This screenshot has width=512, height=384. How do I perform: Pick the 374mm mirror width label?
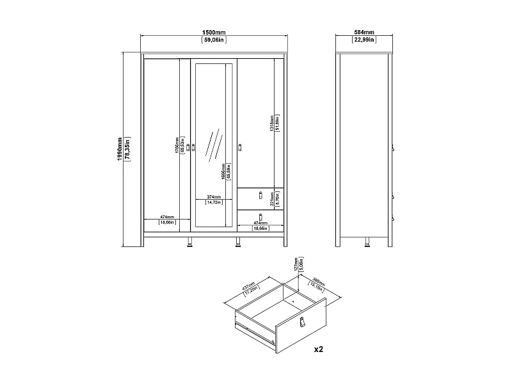tap(214, 196)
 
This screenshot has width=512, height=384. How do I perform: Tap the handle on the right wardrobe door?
tap(241, 148)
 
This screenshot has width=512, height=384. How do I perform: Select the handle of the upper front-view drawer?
tap(260, 195)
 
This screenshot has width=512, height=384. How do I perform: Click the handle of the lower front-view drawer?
tap(260, 216)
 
